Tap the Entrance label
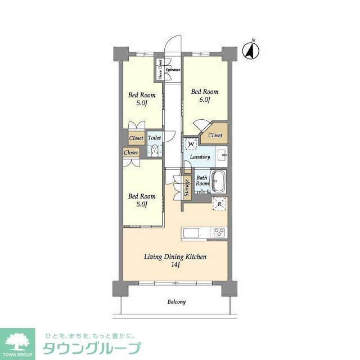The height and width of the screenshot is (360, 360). coord(173,70)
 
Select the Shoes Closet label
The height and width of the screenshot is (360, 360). coord(160,70)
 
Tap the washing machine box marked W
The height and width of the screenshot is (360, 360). coord(191,143)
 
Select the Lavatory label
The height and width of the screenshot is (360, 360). coord(200,157)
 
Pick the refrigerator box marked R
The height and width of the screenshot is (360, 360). coord(219,204)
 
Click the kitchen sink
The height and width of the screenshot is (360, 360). coord(190,233)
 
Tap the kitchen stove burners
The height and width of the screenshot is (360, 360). coord(219,232)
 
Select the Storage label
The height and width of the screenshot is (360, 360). coord(186,189)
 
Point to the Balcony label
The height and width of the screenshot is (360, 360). coord(176,302)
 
